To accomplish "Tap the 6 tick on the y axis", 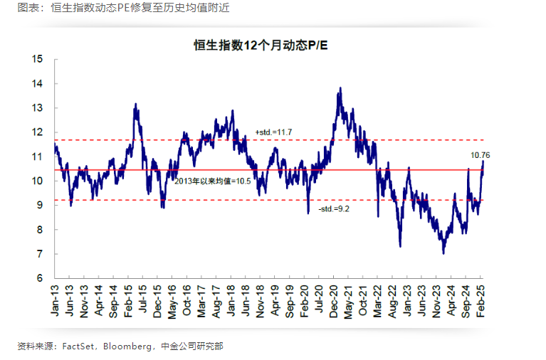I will click(x=41, y=278).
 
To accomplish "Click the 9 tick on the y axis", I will click(x=41, y=206).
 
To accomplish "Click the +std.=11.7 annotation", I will click(x=274, y=133).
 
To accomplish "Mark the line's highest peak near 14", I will click(x=340, y=88).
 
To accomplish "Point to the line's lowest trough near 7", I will click(x=443, y=253).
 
